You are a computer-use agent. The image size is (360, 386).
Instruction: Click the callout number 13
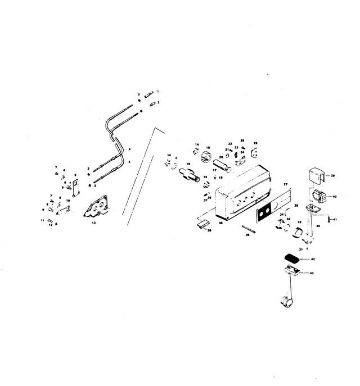click(x=94, y=223)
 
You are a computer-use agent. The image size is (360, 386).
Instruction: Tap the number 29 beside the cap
click(x=332, y=176)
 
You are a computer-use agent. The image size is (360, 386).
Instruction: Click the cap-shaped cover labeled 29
click(x=316, y=175)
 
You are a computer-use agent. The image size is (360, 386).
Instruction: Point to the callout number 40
click(x=335, y=197)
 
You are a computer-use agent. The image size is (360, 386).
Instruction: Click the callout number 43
click(x=313, y=274)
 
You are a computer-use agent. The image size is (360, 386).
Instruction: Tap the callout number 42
click(x=313, y=259)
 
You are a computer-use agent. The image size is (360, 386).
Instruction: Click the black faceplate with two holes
click(x=263, y=214)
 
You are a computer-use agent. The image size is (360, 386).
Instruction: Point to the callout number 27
click(x=285, y=184)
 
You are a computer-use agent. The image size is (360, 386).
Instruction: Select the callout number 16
click(x=188, y=164)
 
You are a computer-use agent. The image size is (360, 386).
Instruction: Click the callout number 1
click(x=158, y=91)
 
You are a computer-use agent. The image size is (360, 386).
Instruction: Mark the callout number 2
click(x=159, y=102)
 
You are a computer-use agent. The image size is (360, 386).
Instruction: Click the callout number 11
click(x=42, y=220)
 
